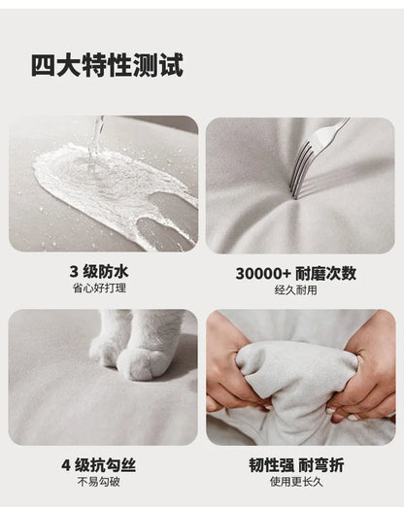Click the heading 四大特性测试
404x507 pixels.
tap(107, 65)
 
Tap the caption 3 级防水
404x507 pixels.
tap(99, 271)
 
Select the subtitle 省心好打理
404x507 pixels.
tap(99, 287)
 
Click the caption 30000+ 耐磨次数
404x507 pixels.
tap(296, 274)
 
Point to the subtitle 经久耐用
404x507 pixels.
tap(296, 289)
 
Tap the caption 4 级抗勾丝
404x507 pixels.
tap(99, 465)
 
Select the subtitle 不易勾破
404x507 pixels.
tap(99, 482)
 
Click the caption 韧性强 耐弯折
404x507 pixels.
tap(296, 465)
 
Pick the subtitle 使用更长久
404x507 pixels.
tap(296, 482)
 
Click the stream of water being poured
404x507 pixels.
tap(96, 139)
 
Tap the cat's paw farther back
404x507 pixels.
tap(103, 353)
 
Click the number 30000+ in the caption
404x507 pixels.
tap(263, 274)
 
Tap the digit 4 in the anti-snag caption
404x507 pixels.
tap(66, 465)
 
